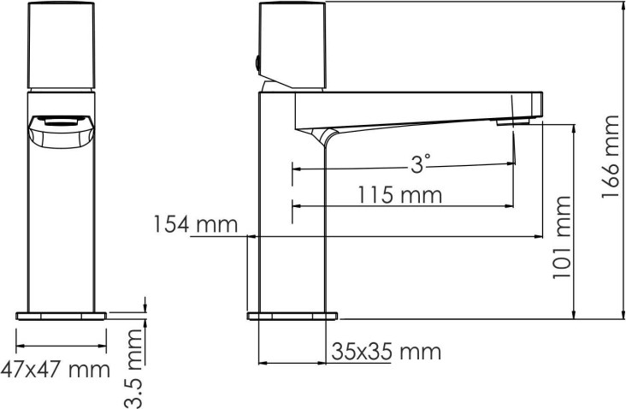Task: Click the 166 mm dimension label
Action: pos(611,157)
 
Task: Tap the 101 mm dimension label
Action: pos(563,237)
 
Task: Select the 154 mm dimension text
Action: pos(196,224)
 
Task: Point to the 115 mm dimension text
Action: pos(399,195)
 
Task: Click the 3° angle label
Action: pos(421,163)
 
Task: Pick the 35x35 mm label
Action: pos(386,352)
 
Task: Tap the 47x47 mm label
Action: pos(55,370)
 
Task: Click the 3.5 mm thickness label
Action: pos(133,368)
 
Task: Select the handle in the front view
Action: pos(61,45)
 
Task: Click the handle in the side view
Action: pos(292,45)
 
